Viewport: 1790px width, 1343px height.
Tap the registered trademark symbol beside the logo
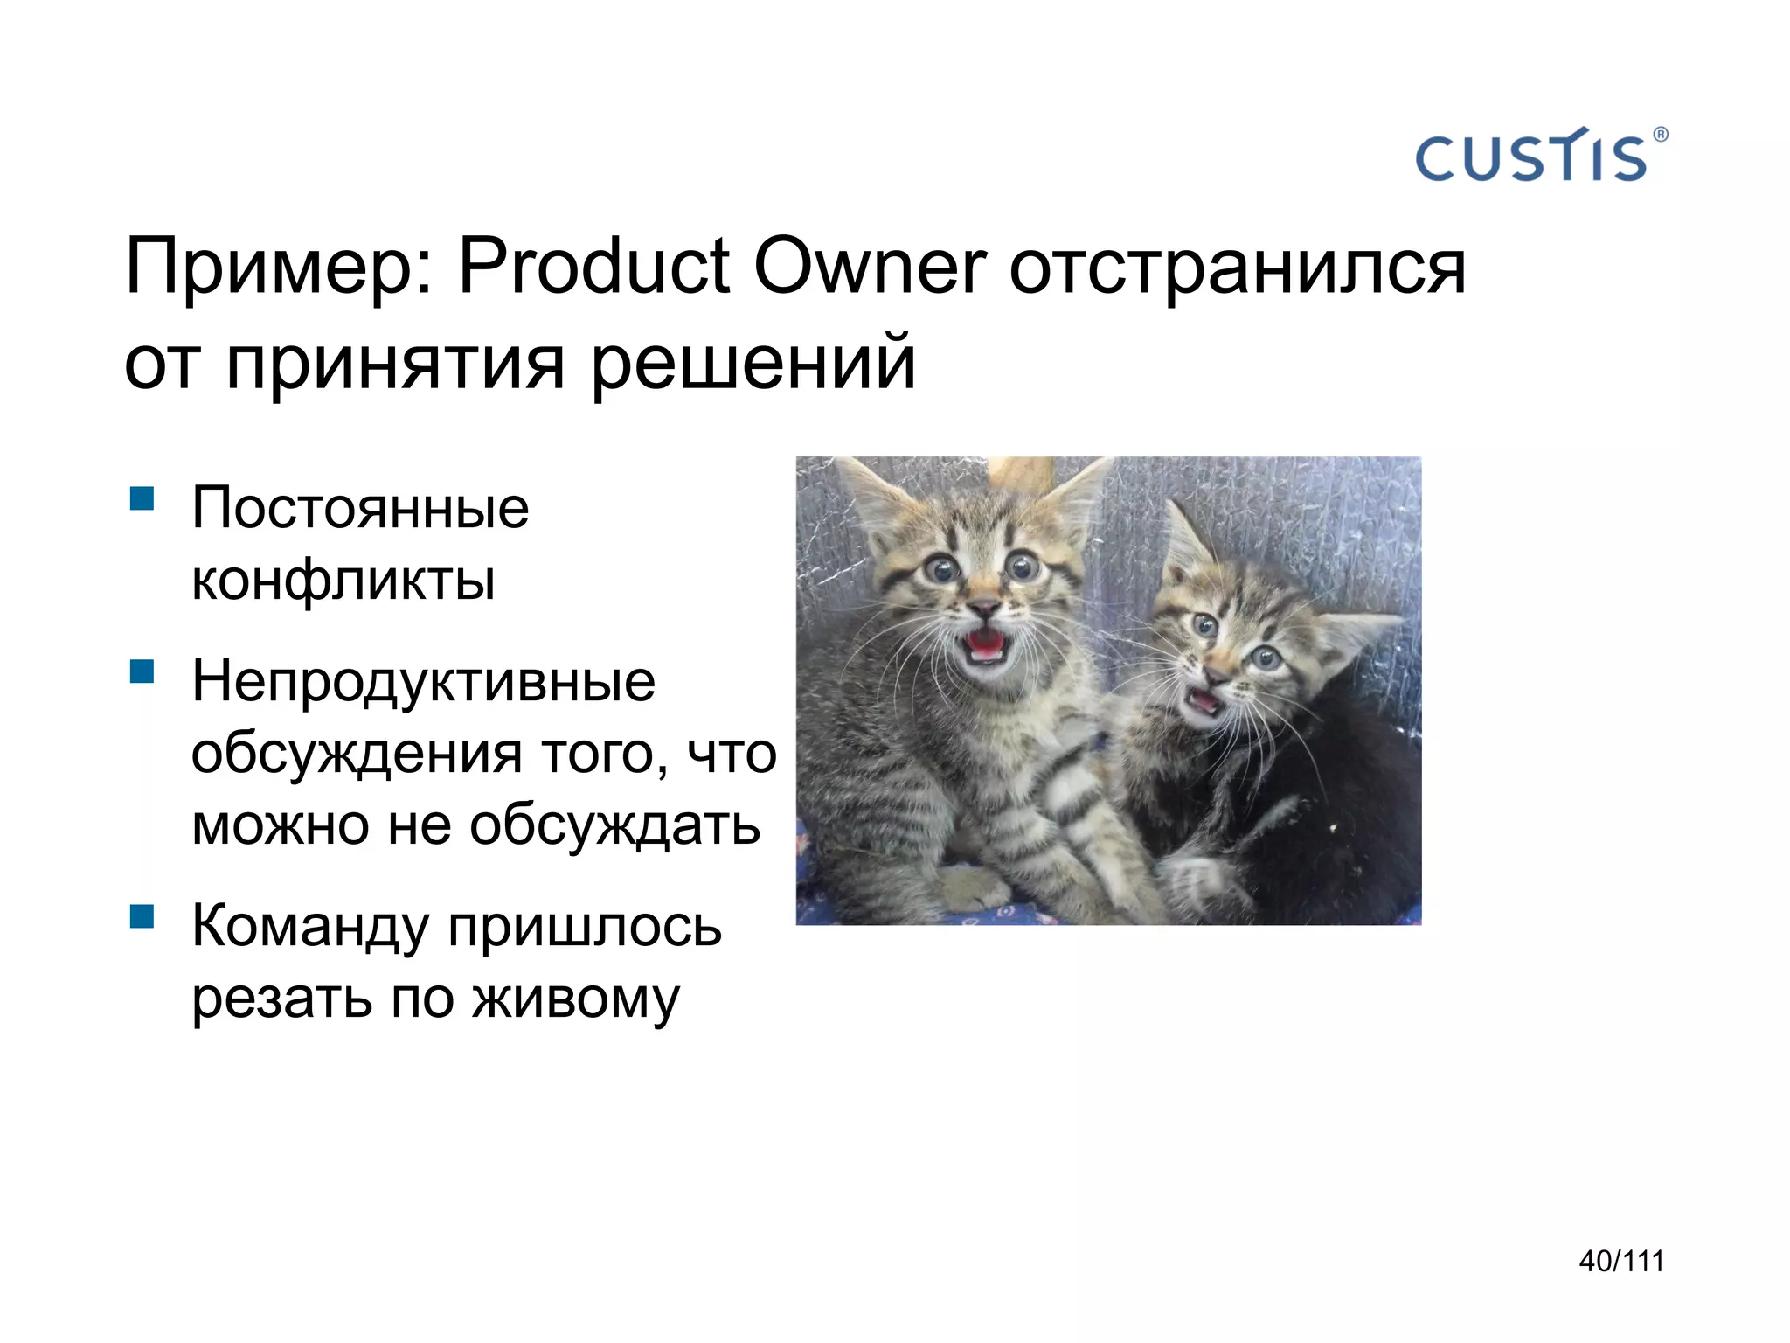tap(1660, 135)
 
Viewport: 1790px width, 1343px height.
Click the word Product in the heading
tap(593, 266)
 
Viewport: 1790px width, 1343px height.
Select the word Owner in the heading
tap(869, 266)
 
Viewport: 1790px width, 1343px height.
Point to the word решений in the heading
tap(753, 364)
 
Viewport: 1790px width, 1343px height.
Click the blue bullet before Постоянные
tap(142, 499)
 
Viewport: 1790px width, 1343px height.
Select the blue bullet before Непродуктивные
tap(142, 671)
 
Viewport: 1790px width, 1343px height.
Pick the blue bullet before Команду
tap(142, 916)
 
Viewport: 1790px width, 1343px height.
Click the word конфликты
tap(343, 580)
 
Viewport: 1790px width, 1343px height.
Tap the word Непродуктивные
tap(423, 681)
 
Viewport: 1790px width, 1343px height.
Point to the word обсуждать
tap(614, 825)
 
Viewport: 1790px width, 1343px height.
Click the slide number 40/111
tap(1621, 1262)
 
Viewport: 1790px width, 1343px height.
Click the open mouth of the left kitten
tap(985, 645)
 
